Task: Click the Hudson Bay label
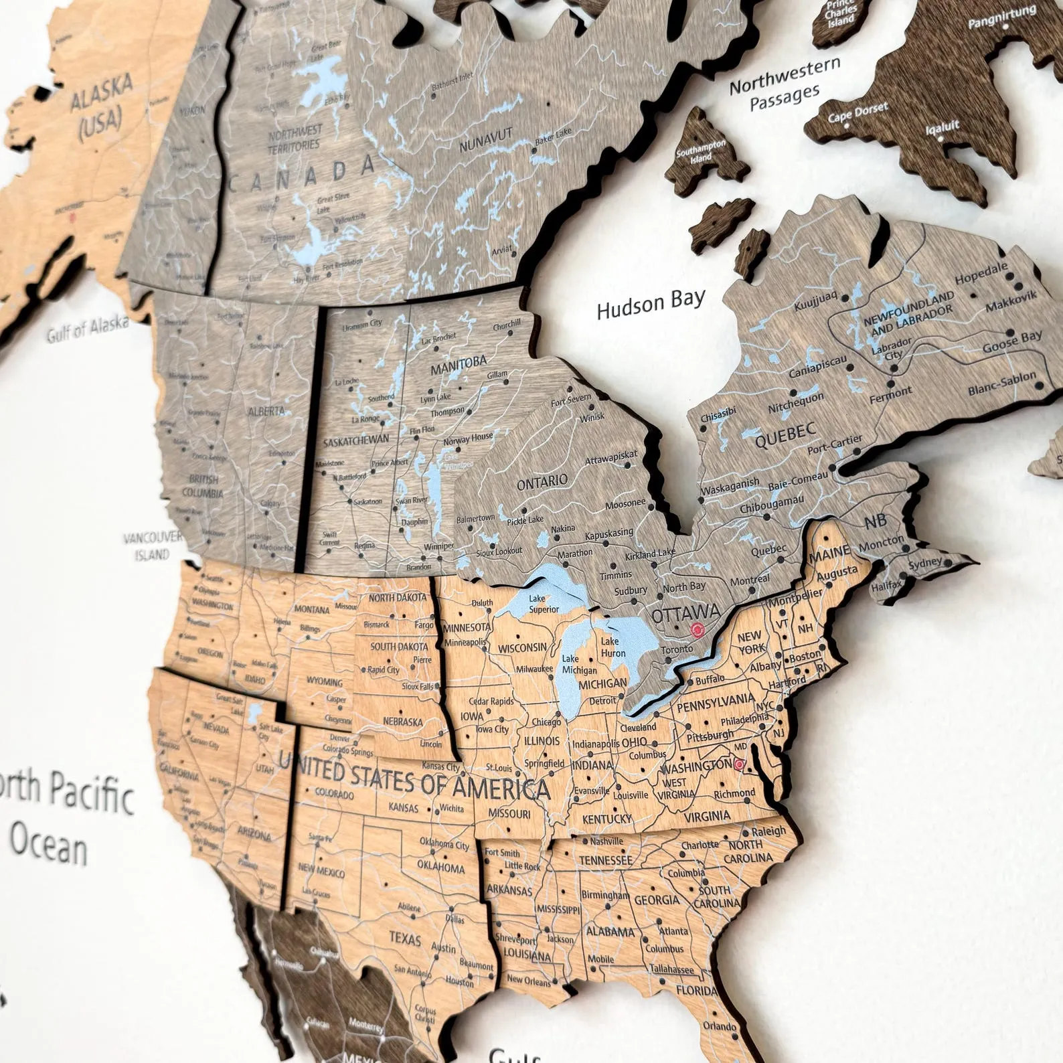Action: pos(651,304)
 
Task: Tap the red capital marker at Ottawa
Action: pos(698,629)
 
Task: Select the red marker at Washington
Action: pos(739,764)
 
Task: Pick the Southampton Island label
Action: pos(701,151)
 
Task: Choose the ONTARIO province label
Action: pos(542,481)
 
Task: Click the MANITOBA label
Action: pos(459,365)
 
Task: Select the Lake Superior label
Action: pos(544,604)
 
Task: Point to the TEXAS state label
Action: pos(405,938)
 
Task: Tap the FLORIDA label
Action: pos(696,990)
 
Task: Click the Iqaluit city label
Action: pos(943,127)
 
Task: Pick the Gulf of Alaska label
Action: pos(88,327)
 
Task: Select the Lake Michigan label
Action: pos(579,665)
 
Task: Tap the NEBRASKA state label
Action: pos(402,722)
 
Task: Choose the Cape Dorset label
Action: pos(858,112)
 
